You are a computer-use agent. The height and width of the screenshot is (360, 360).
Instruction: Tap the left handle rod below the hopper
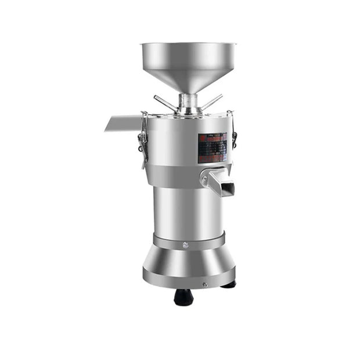[166, 103]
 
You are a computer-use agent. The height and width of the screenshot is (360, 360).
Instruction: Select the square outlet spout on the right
[221, 184]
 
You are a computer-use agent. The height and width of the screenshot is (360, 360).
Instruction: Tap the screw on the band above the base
[185, 245]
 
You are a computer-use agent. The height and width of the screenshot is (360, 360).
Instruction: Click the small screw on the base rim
[204, 285]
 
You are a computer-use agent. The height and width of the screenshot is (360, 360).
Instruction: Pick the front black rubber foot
[183, 297]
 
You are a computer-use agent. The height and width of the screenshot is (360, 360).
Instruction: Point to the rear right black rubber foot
[228, 285]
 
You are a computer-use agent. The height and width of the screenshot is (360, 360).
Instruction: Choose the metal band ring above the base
[189, 240]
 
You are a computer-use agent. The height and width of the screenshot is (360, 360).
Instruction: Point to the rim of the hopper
[188, 45]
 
